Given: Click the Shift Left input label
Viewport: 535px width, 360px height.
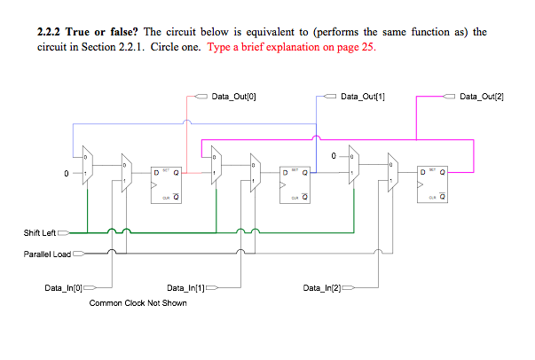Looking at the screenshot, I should [39, 232].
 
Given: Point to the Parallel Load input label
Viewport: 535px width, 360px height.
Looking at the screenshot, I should [47, 254].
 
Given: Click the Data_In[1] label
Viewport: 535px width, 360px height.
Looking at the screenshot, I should [185, 288].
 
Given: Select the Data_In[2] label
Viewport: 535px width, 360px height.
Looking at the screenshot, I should [321, 288].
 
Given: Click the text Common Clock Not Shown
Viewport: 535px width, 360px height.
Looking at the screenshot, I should [138, 303].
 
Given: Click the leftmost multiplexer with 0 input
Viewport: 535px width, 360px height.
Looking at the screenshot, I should [86, 166].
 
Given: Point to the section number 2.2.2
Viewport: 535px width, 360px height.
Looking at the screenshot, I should [52, 32].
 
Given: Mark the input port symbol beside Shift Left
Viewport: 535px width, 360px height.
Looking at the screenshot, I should [64, 232].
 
